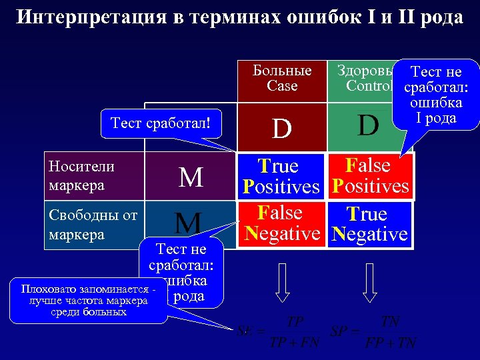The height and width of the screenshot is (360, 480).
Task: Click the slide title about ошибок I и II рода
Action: click(x=239, y=16)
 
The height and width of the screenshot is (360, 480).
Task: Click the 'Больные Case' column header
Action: click(x=282, y=78)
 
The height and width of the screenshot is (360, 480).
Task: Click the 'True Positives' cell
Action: click(x=281, y=176)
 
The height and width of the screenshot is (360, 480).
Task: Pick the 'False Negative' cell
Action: click(x=281, y=223)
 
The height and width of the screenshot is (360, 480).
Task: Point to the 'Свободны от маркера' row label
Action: click(x=93, y=225)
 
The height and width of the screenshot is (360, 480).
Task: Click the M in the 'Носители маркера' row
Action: click(x=191, y=177)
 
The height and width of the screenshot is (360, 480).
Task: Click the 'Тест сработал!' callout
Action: click(x=160, y=123)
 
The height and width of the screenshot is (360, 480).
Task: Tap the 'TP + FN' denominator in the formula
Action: click(x=293, y=343)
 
